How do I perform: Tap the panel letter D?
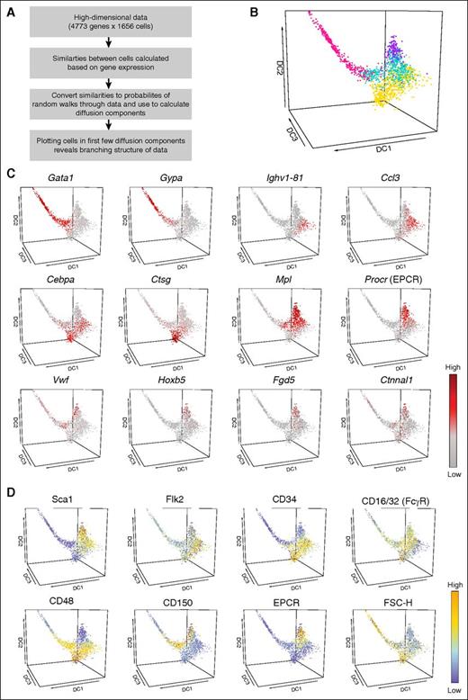[8, 493]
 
